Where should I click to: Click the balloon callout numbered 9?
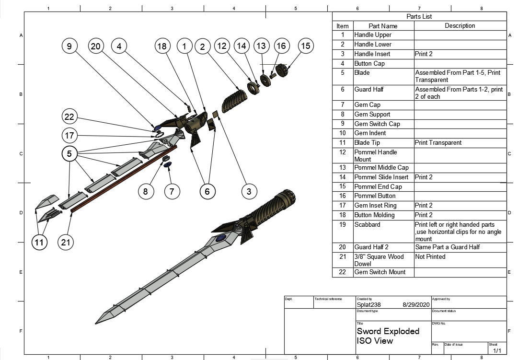[x=70, y=46]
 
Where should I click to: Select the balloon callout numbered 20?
[x=96, y=46]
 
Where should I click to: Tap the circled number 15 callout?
[x=305, y=46]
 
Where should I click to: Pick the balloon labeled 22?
[x=70, y=117]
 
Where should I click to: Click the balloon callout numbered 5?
[x=70, y=154]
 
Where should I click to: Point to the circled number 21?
[x=66, y=243]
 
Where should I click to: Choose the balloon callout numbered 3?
[x=249, y=192]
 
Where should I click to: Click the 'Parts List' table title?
[x=419, y=16]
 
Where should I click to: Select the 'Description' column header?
[x=460, y=26]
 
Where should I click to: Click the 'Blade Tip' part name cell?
[x=367, y=143]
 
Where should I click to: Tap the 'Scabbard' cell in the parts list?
[x=367, y=224]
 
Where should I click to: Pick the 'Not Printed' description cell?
[x=430, y=257]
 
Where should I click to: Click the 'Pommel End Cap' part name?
[x=378, y=186]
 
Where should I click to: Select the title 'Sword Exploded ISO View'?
[x=388, y=336]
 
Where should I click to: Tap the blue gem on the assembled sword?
[x=221, y=238]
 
